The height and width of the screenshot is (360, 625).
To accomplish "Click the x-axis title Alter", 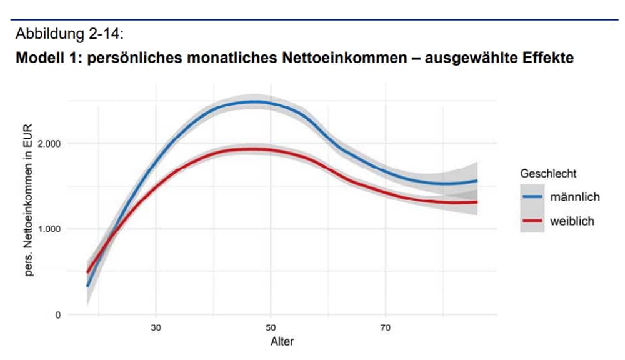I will (282, 342).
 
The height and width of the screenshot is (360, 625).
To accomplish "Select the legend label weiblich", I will (572, 221).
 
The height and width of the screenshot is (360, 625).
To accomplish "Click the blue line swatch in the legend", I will (532, 197).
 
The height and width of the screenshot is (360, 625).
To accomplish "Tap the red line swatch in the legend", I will (532, 221).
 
